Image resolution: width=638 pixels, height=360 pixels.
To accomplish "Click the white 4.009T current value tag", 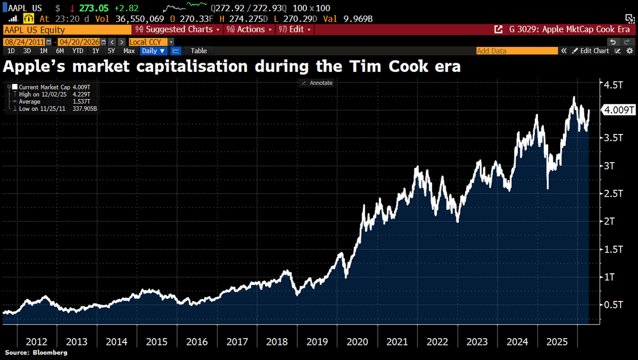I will [x=618, y=110].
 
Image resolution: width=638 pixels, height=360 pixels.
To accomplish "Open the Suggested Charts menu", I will [x=178, y=30].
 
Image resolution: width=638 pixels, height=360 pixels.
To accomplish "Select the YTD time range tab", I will [x=78, y=51].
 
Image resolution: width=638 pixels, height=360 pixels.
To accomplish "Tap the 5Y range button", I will [x=111, y=51].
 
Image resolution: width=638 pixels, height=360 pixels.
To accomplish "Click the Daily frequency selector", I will [x=153, y=51].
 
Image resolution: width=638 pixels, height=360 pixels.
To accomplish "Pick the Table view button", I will [x=199, y=51].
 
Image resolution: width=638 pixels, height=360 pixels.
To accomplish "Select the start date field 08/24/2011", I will [x=24, y=41].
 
